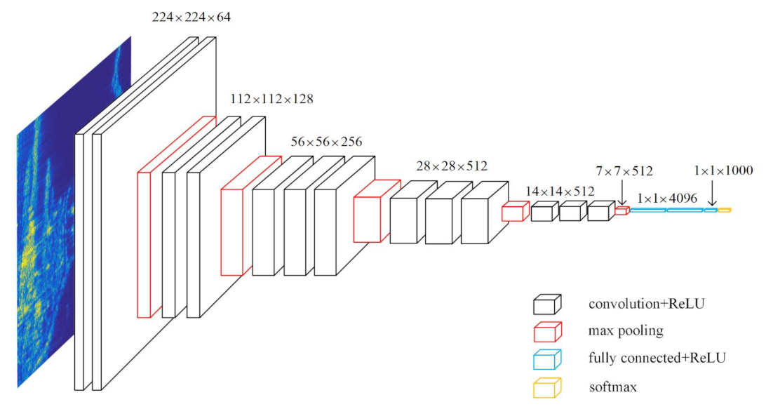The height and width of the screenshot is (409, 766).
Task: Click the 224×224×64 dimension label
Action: pyautogui.click(x=191, y=16)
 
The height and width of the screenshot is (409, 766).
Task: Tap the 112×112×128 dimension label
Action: pyautogui.click(x=271, y=99)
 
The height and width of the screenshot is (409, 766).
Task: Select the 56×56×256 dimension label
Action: pyautogui.click(x=326, y=142)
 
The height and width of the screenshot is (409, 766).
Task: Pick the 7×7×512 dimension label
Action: pyautogui.click(x=624, y=170)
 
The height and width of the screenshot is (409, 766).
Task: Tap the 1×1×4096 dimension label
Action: pyautogui.click(x=667, y=199)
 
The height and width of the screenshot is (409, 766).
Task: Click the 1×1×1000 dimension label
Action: pyautogui.click(x=723, y=170)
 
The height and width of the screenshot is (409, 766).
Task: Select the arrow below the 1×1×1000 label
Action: pyautogui.click(x=713, y=193)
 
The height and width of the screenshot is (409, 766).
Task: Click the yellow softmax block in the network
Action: pyautogui.click(x=725, y=210)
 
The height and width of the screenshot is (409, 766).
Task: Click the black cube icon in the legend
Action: pyautogui.click(x=547, y=304)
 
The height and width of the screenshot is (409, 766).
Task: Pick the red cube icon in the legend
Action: pyautogui.click(x=547, y=331)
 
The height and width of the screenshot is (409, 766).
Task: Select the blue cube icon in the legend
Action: pyautogui.click(x=547, y=358)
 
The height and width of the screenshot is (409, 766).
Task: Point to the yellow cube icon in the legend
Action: pyautogui.click(x=547, y=387)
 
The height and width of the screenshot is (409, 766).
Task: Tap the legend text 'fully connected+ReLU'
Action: pyautogui.click(x=657, y=358)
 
